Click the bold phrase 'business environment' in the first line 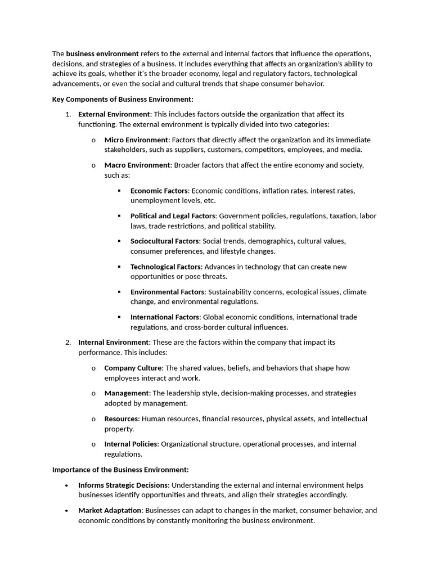tap(102, 53)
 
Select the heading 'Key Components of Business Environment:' tap(123, 99)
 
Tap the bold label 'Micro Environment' tap(136, 139)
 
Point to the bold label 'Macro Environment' tap(137, 165)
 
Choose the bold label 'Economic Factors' tap(159, 191)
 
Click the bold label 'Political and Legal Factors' tap(173, 216)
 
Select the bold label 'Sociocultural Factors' tap(165, 241)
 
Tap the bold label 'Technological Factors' tap(165, 267)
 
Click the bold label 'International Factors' tap(165, 317)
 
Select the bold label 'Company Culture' tap(133, 368)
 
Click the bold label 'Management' tap(127, 393)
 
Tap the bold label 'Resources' tap(121, 419)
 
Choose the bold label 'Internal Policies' tap(131, 444)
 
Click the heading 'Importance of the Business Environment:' tap(120, 469)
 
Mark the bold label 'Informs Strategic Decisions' tap(123, 485)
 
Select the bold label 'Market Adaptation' tap(110, 510)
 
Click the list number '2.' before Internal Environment tap(68, 342)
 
